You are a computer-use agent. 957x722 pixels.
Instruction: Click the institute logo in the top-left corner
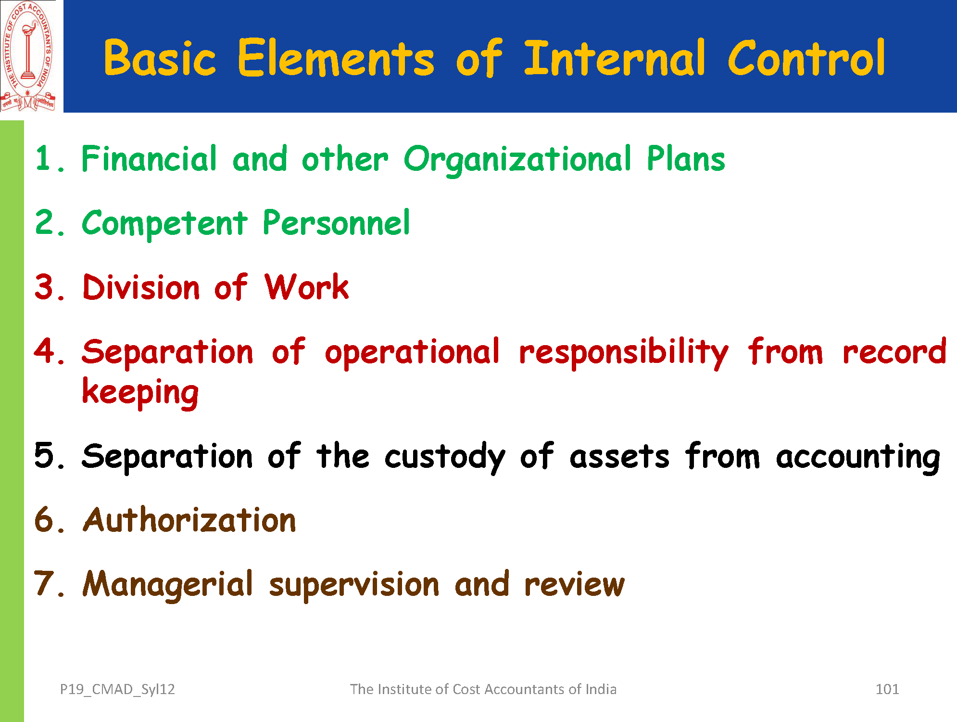coord(28,56)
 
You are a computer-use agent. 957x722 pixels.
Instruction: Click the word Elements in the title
coord(336,58)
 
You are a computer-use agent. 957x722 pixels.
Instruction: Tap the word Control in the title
coord(806,58)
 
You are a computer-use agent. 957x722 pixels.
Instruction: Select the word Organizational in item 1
coord(517,159)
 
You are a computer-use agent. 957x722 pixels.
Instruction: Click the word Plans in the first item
coord(686,158)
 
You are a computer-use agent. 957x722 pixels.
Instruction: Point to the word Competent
coord(164,223)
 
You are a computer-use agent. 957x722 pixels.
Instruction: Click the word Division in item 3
coord(140,287)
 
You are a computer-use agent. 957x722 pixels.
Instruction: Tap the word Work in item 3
coord(306,287)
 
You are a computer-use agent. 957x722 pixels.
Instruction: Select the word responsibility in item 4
coord(624,353)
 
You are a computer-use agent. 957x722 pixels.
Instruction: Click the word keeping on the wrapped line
coord(140,393)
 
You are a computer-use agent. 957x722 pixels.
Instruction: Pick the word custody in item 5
coord(444,457)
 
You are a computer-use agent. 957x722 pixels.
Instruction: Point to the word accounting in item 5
coord(858,457)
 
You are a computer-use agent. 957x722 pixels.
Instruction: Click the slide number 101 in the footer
coord(887,689)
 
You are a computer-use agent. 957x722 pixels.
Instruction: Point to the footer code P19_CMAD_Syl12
coord(117,690)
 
